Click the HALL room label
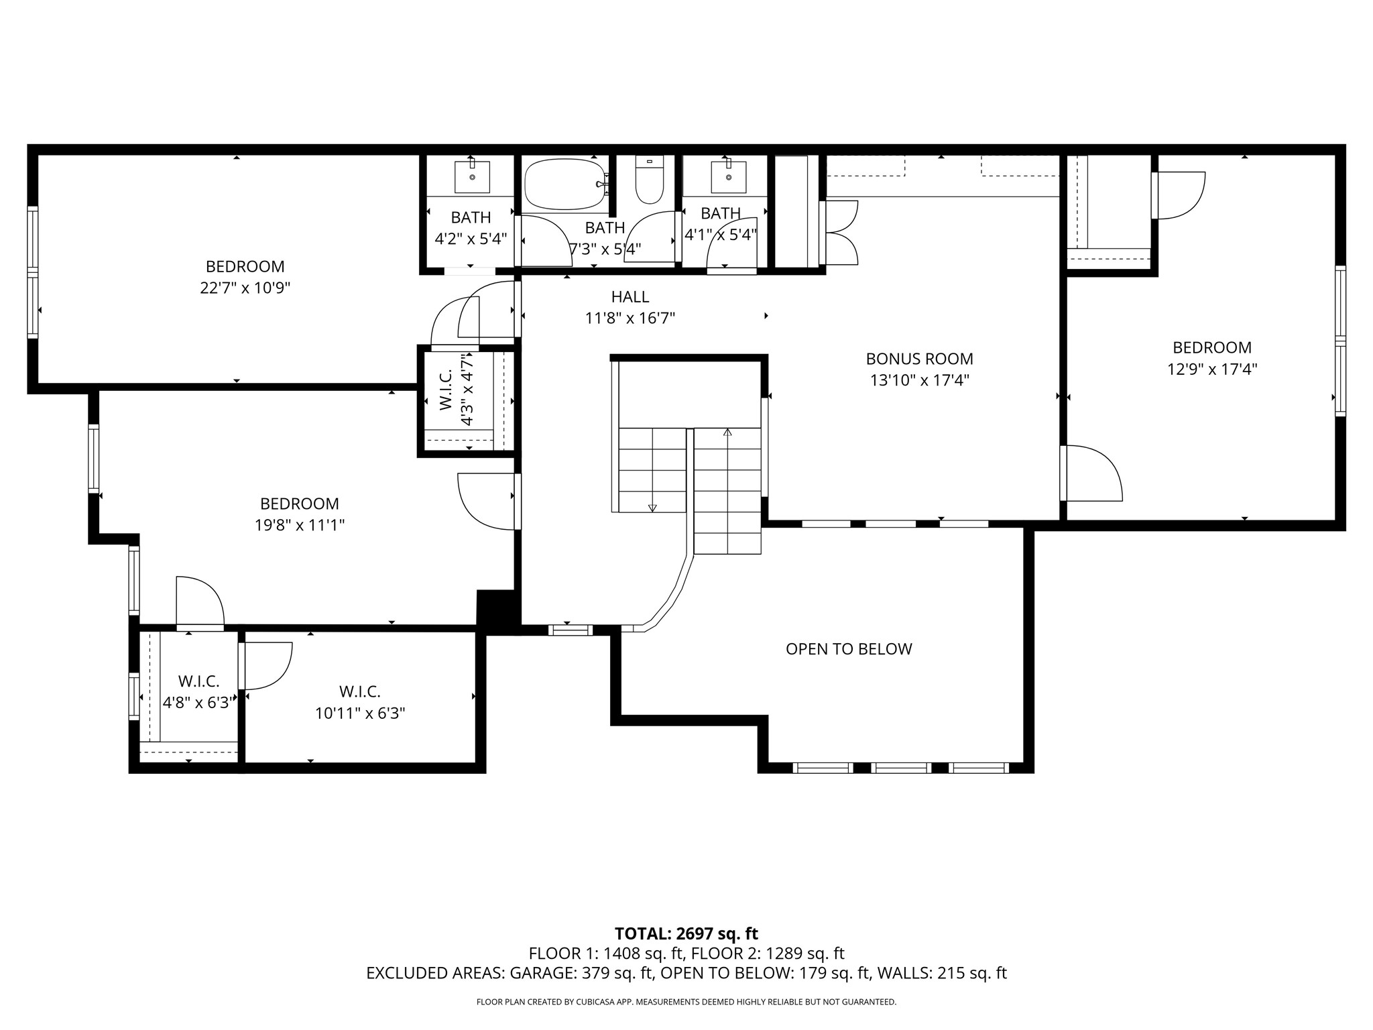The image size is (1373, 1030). tap(630, 296)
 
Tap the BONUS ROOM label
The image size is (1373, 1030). tap(919, 359)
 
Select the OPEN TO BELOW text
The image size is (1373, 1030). tap(849, 649)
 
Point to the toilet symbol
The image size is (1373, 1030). tap(649, 179)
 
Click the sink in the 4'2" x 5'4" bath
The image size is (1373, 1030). tap(472, 176)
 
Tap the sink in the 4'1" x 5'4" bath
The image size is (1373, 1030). tap(728, 176)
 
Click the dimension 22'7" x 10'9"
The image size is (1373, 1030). tap(245, 288)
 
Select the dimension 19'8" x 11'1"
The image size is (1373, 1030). tap(300, 525)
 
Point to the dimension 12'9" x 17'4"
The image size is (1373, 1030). tap(1212, 369)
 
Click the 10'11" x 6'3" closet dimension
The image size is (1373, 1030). tap(361, 713)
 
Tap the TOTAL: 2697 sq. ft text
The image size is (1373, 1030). tap(686, 933)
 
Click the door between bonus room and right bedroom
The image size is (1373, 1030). tap(1091, 473)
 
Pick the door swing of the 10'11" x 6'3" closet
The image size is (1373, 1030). tap(265, 666)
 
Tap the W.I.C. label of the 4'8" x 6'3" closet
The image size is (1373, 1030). tap(198, 681)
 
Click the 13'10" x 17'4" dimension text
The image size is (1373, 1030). tap(920, 380)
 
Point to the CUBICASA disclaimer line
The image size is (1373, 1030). tap(686, 1002)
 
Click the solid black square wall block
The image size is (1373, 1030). tap(497, 611)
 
